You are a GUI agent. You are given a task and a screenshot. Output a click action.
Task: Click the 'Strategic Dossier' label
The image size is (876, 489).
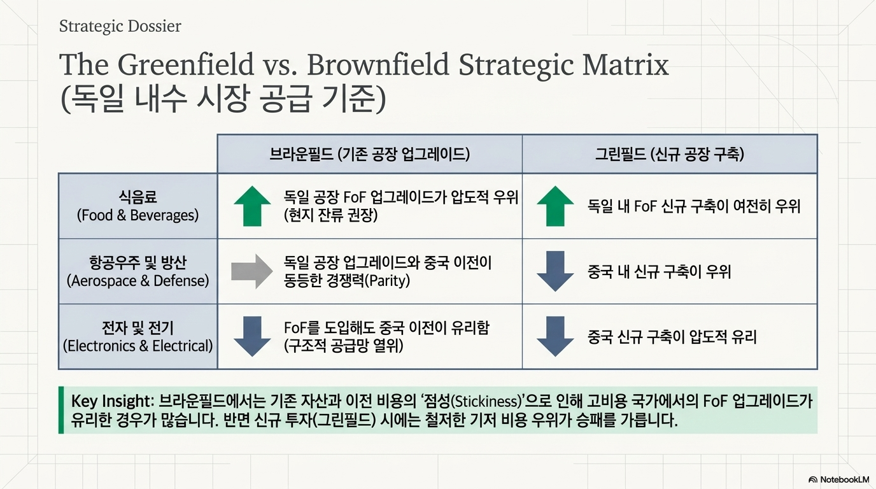[x=120, y=26]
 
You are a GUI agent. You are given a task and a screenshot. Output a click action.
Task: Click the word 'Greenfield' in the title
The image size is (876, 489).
[x=186, y=64]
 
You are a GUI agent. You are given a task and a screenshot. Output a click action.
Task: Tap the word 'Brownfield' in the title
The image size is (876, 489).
[x=378, y=64]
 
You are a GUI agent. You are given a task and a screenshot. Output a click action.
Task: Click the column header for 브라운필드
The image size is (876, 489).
[x=369, y=154]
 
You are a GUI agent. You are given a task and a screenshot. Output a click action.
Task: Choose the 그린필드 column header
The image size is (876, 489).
[x=670, y=154]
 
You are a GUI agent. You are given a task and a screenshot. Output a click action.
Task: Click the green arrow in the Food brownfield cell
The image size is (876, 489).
[x=252, y=206]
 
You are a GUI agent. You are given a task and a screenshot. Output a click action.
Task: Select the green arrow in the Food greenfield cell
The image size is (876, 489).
[x=555, y=206]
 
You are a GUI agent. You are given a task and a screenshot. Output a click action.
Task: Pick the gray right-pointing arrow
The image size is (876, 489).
[x=252, y=271]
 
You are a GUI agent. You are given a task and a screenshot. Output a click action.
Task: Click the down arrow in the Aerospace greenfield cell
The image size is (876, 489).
[x=555, y=271]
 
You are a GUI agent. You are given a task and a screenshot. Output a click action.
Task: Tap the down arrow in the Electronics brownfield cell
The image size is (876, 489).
[x=252, y=336]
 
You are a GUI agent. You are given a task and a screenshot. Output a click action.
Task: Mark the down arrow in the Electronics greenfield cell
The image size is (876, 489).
[x=555, y=336]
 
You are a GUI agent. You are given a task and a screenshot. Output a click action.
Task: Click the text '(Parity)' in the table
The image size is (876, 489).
[x=387, y=281]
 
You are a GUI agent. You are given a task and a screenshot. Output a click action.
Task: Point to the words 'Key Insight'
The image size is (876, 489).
[x=111, y=401]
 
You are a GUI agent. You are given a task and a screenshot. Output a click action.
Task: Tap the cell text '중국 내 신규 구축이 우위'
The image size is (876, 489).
[x=659, y=271]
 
